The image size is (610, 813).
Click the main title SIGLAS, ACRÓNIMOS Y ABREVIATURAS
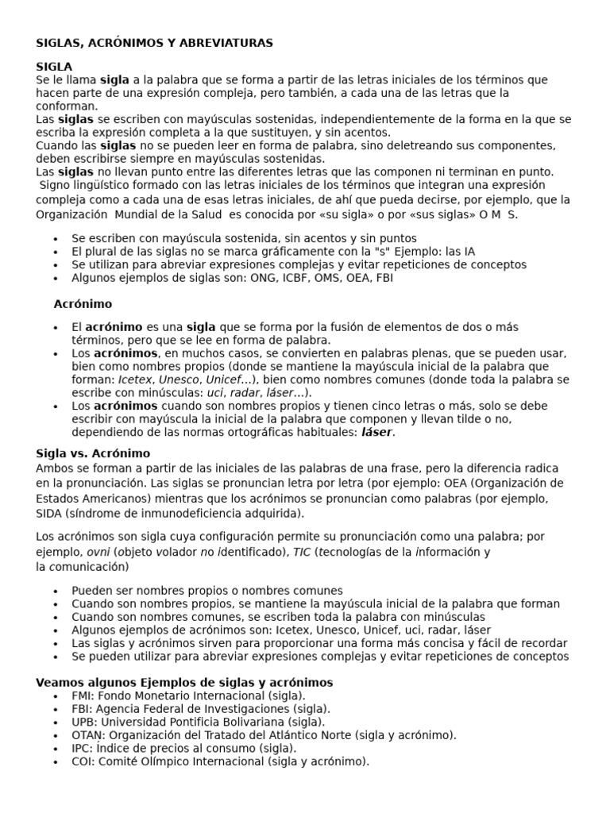pyautogui.click(x=154, y=43)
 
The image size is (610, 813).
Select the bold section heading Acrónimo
pyautogui.click(x=83, y=303)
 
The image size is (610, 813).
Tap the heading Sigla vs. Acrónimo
pyautogui.click(x=93, y=453)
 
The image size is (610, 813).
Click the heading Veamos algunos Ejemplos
pyautogui.click(x=184, y=683)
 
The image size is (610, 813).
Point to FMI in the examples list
pyautogui.click(x=82, y=695)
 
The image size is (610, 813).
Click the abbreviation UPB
pyautogui.click(x=83, y=722)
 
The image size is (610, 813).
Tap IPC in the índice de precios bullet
pyautogui.click(x=81, y=748)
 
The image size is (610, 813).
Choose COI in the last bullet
pyautogui.click(x=81, y=761)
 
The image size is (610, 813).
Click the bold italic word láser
pyautogui.click(x=377, y=433)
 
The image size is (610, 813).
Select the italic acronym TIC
pyautogui.click(x=301, y=552)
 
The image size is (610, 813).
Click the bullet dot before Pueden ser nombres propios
pyautogui.click(x=55, y=591)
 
